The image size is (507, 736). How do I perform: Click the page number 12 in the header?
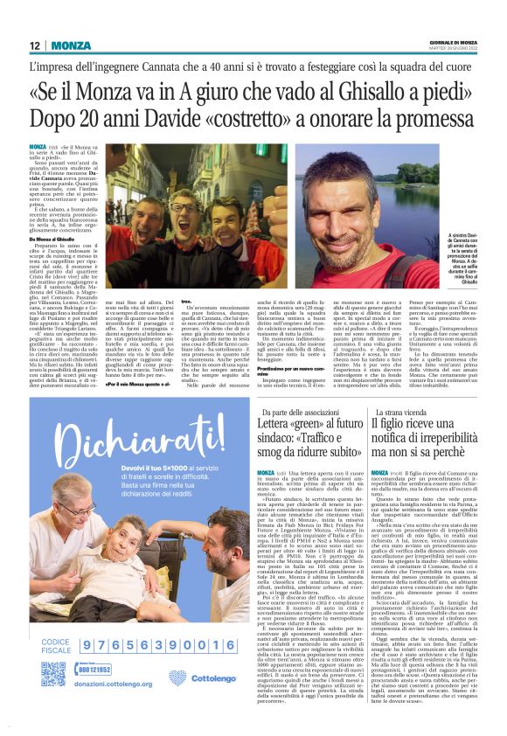click(34, 45)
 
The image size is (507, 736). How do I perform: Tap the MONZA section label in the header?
click(71, 45)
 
